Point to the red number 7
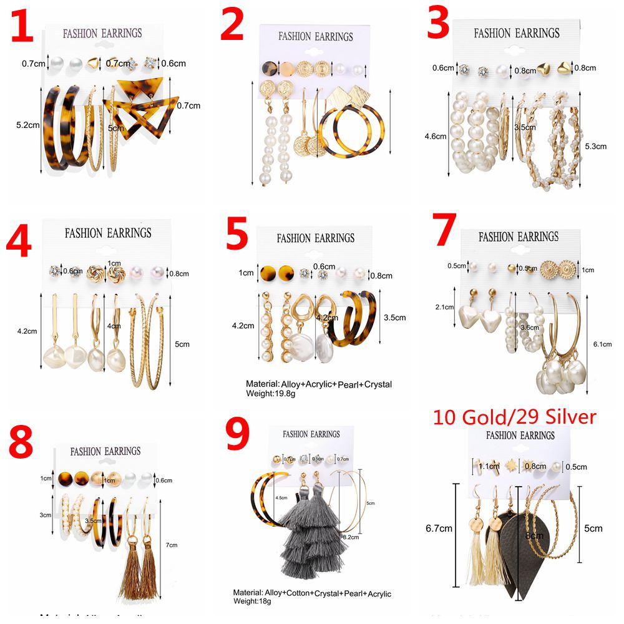(x=444, y=233)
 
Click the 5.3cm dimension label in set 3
(x=595, y=147)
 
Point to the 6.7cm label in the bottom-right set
(x=438, y=529)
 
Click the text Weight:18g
(x=253, y=602)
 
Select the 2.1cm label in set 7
(x=445, y=306)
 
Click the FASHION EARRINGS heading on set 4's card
(x=108, y=233)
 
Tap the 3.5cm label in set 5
(x=395, y=318)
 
